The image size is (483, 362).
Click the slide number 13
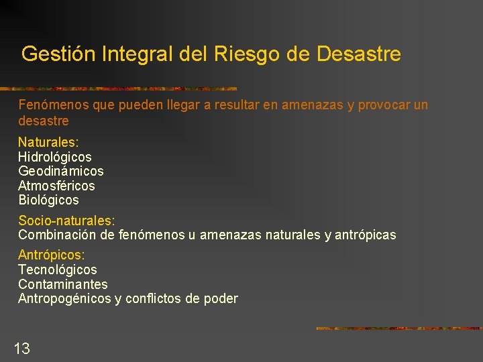(22, 348)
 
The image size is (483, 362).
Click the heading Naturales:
(48, 142)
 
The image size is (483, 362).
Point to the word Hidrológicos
(55, 157)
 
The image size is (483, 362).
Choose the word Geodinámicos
(61, 172)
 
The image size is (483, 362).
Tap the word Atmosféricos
(56, 186)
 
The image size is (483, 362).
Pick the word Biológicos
(48, 200)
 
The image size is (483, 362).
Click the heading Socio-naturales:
(66, 221)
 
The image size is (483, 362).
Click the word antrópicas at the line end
(365, 235)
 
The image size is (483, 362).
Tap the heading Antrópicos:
(52, 255)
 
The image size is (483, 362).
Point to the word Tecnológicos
(58, 269)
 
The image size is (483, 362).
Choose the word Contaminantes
(62, 284)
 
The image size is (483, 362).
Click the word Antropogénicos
(64, 299)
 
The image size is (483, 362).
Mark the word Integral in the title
(139, 54)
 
